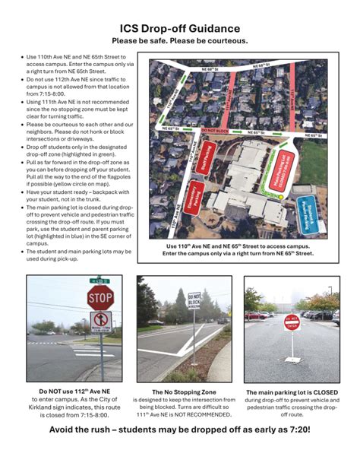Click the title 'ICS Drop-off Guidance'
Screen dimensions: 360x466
tap(180, 28)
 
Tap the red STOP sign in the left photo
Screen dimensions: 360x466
tap(100, 298)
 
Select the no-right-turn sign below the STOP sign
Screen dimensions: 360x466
tap(100, 322)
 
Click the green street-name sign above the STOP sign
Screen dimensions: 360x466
tap(97, 280)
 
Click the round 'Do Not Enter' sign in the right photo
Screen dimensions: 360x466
tap(292, 322)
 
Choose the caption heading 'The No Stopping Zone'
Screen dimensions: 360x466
tap(184, 392)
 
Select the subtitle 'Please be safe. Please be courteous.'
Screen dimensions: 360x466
tap(180, 41)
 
